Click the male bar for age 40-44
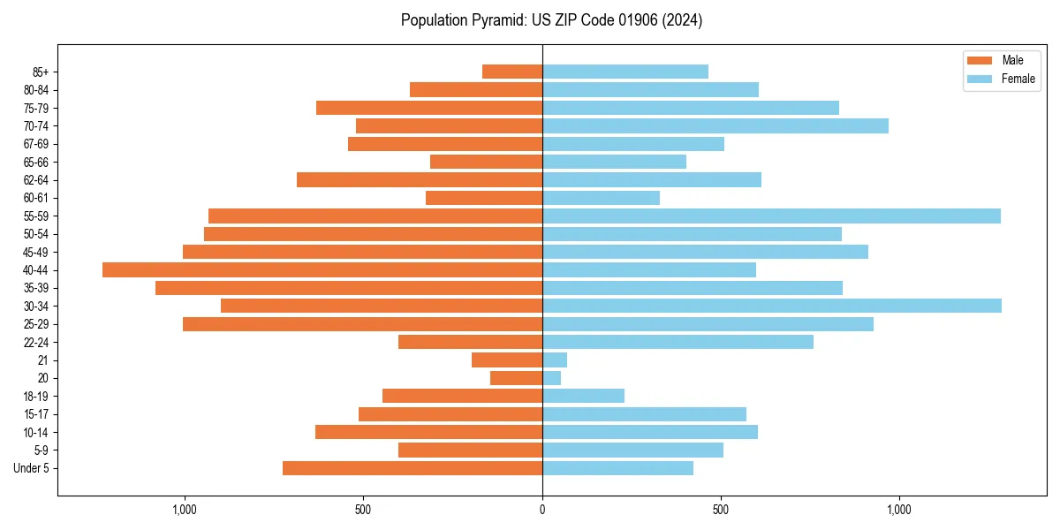coord(322,269)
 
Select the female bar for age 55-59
coord(771,216)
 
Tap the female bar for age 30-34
coord(771,306)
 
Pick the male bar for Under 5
coord(413,468)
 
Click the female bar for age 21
coord(555,360)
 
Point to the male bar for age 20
coord(517,378)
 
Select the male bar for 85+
coord(512,72)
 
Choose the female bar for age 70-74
coord(715,125)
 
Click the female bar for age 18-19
coord(583,396)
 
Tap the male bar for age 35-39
coord(349,288)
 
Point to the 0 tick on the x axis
coord(542,510)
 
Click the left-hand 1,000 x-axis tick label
coord(185,510)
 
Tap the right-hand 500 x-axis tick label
coord(721,510)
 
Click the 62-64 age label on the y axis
coord(36,180)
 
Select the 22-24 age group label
coord(36,342)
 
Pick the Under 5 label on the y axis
coord(32,468)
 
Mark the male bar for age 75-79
coord(429,108)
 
